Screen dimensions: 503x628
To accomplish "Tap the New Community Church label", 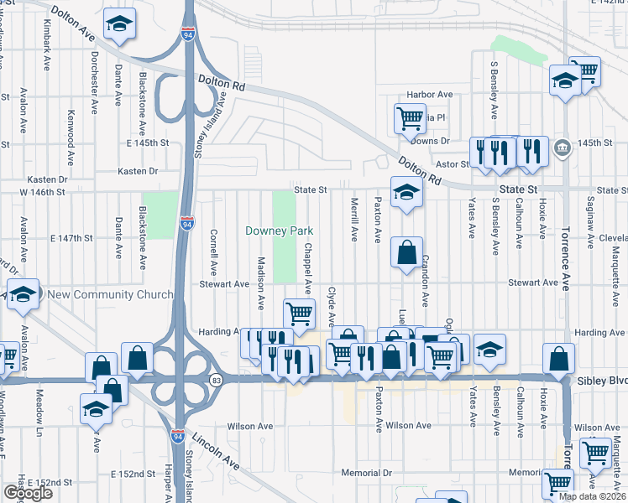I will (x=110, y=294).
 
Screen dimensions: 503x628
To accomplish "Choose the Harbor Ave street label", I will (x=429, y=95).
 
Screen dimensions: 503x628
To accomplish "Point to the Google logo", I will (x=28, y=493).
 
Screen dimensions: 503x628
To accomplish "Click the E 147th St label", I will (x=71, y=238).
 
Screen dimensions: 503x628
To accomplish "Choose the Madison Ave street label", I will (x=261, y=280).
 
